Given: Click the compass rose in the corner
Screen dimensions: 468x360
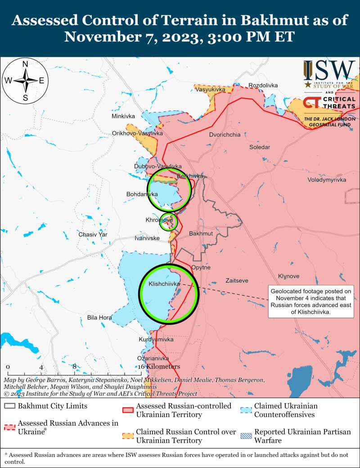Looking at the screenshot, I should (x=26, y=81).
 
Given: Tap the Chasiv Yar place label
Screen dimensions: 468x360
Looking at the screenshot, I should (x=93, y=234).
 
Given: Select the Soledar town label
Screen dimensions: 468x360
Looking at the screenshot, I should (x=260, y=147).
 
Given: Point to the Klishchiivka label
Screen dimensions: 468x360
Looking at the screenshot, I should (x=165, y=284).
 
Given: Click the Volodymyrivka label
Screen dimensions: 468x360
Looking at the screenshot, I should (x=327, y=180).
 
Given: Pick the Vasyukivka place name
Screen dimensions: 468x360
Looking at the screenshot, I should (x=210, y=90).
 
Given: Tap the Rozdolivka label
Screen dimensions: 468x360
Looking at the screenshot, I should (x=263, y=85).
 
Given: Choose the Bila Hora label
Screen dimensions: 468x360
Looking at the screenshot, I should (x=99, y=318).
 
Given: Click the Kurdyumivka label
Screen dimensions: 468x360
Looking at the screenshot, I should (x=156, y=339).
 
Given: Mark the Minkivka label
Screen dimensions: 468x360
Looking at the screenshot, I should (x=123, y=117).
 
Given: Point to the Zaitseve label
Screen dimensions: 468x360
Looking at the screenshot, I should (x=237, y=280).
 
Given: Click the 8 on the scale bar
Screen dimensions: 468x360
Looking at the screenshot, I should (x=75, y=367).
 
